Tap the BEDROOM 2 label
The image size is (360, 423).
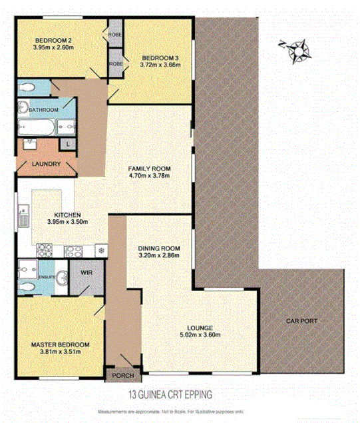[54, 41]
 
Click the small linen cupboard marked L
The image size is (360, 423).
[68, 144]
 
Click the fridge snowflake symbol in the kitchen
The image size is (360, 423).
[100, 250]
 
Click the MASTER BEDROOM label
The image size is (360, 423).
[60, 344]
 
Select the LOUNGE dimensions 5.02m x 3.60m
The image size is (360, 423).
[200, 336]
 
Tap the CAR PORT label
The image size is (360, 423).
[301, 321]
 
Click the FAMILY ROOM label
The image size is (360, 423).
[149, 169]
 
